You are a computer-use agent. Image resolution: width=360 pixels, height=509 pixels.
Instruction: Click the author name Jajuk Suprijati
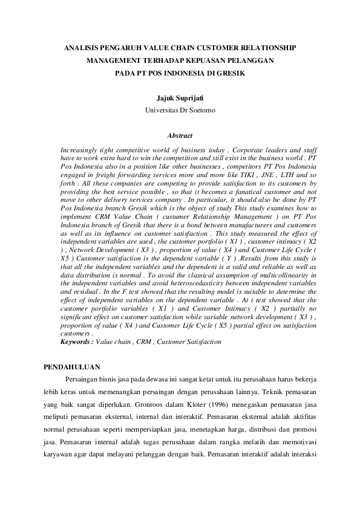point(180,97)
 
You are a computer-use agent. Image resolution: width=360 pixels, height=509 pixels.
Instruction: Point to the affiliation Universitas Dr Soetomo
point(180,111)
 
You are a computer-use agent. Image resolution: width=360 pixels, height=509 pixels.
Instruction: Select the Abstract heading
point(180,136)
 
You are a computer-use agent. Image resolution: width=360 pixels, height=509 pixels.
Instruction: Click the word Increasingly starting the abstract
point(81,149)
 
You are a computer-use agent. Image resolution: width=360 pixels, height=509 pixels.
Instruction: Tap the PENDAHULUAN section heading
point(74,367)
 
